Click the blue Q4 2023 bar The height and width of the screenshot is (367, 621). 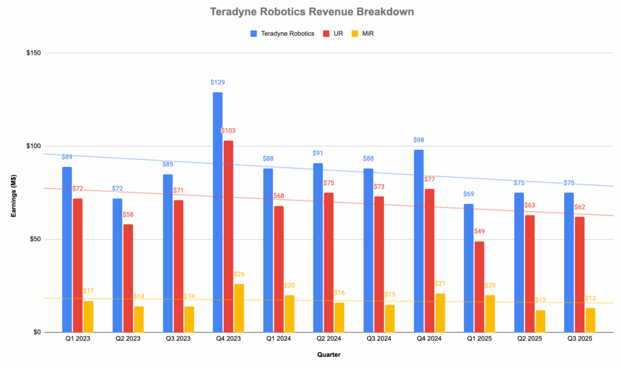point(218,212)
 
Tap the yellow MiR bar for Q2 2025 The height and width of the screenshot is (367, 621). point(540,321)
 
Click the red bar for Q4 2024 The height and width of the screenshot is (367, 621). point(429,260)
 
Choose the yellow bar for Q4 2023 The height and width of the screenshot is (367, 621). point(239,308)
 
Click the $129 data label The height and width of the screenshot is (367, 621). point(218,82)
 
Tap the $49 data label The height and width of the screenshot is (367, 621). point(480,231)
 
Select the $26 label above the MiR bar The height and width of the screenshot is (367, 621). point(240,274)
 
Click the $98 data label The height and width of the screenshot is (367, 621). point(418,140)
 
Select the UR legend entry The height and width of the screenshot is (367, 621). point(335,33)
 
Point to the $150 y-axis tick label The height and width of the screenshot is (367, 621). point(33,53)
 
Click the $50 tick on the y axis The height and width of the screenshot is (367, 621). point(35,240)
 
